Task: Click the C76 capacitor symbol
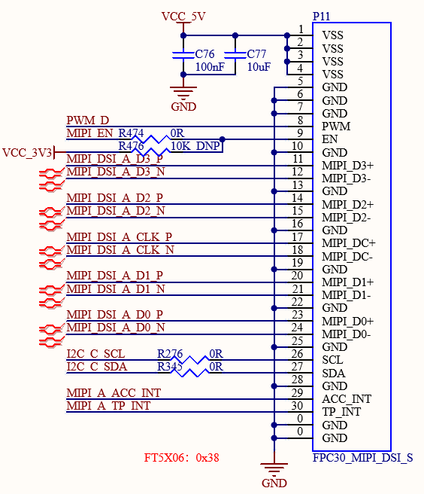pos(183,55)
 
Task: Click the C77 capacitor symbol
pos(235,55)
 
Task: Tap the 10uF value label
pos(259,67)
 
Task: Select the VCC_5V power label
pos(183,17)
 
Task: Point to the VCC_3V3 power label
pos(27,153)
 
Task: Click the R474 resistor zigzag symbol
pos(150,139)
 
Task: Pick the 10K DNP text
pos(195,146)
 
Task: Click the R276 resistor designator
pos(170,354)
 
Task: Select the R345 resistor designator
pos(170,367)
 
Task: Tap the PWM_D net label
pos(88,120)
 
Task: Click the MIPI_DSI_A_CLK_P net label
pos(120,236)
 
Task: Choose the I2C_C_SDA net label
pos(97,367)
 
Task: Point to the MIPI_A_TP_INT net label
pos(108,405)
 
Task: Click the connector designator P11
pos(321,17)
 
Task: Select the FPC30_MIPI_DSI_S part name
pos(362,457)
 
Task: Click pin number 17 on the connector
pos(297,236)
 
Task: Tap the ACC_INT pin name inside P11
pos(347,399)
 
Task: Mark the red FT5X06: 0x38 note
pos(181,457)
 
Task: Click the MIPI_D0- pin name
pos(347,334)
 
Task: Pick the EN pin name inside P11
pos(330,139)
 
